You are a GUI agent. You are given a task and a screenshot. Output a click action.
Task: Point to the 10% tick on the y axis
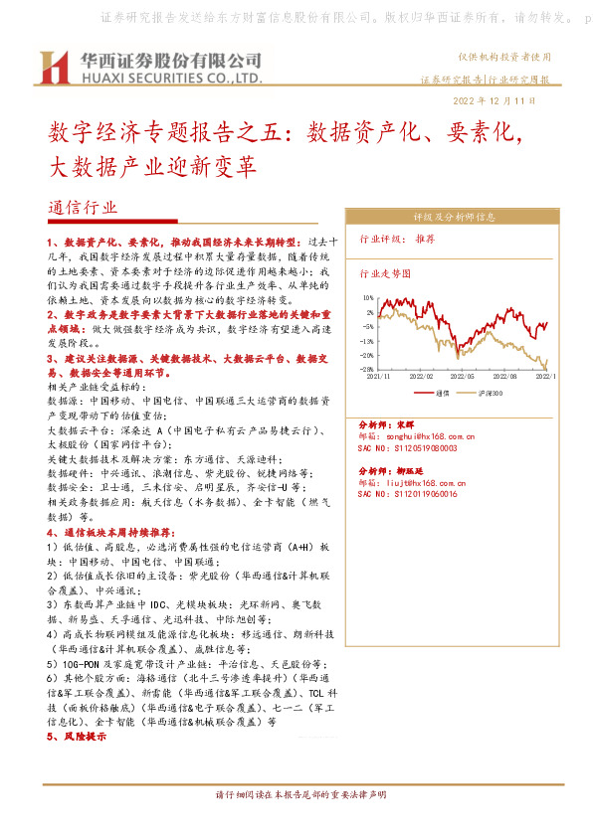[368, 297]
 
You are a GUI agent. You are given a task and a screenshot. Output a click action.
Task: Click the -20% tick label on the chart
[367, 355]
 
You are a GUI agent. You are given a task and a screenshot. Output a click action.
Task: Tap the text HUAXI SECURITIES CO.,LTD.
[171, 77]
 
